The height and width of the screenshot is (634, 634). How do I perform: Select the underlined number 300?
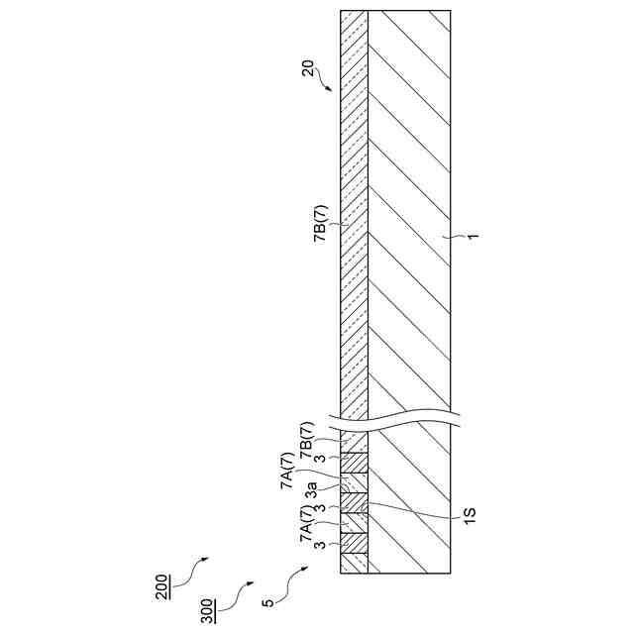[207, 605]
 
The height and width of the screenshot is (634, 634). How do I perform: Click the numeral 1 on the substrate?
[475, 236]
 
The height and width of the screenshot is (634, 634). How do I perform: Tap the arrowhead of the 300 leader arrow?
[252, 584]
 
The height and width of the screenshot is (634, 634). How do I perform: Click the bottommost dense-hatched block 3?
[354, 543]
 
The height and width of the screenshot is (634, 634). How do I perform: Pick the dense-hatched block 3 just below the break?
[354, 462]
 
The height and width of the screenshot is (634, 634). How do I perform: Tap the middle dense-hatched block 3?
[354, 502]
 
